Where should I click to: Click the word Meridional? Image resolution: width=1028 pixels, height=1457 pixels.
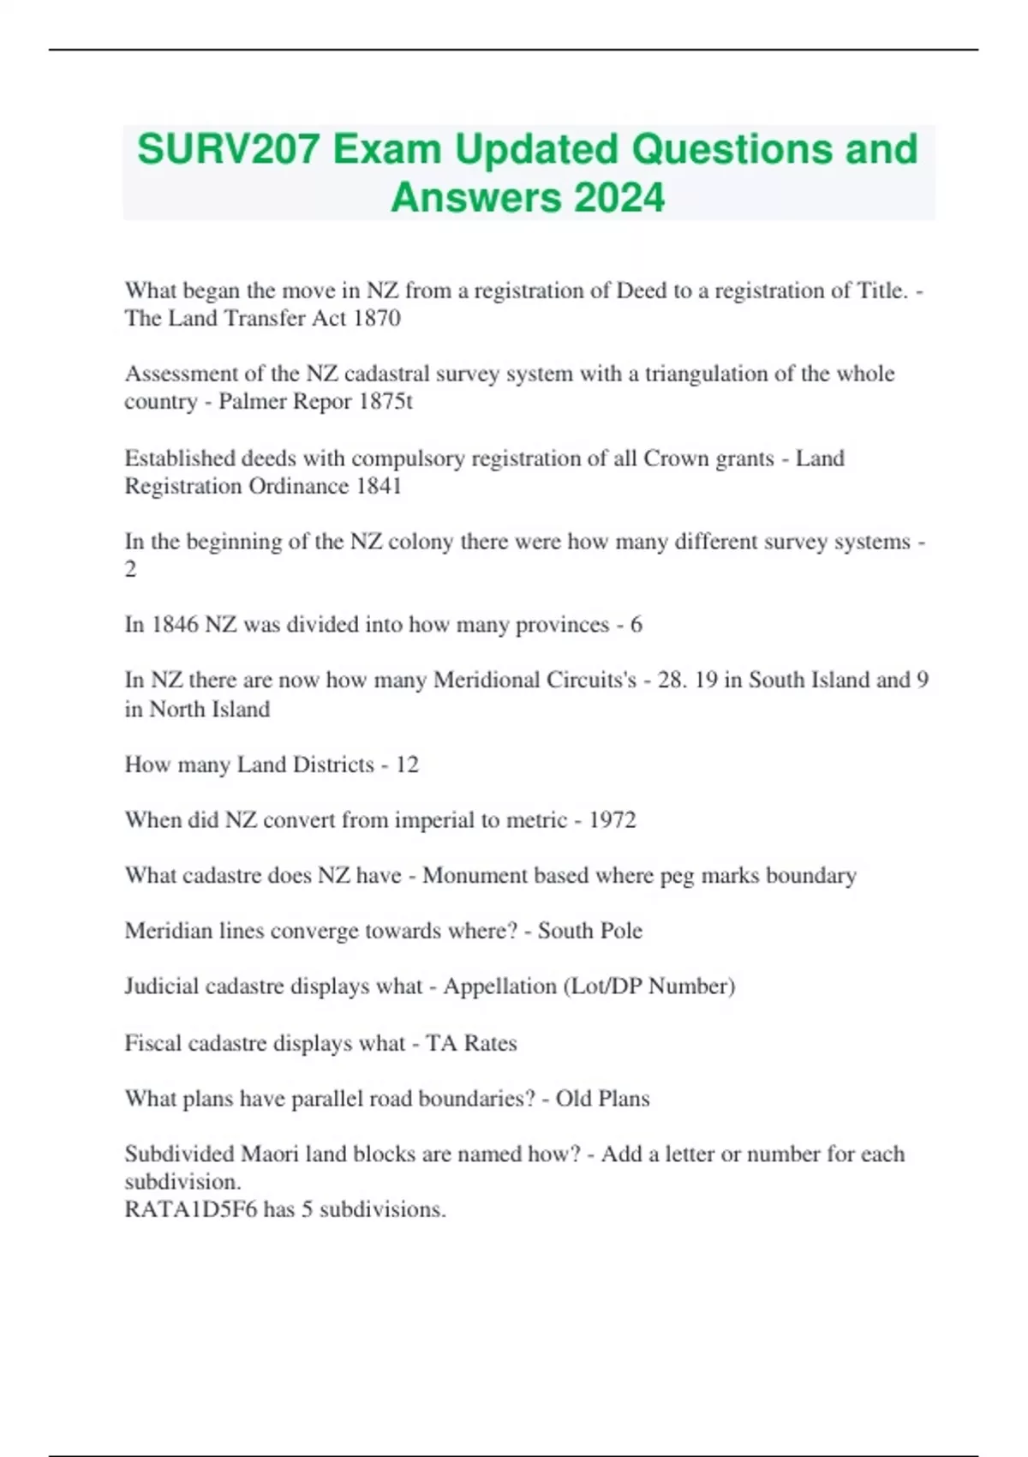coord(486,680)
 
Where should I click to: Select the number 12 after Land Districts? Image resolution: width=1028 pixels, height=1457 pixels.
coord(406,764)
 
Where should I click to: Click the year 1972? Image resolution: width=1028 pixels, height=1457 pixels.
coord(612,819)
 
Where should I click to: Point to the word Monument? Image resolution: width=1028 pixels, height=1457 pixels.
coord(475,875)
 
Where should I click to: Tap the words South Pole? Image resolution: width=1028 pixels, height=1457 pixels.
coord(589,931)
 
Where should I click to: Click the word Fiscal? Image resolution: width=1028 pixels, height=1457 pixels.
coord(152,1043)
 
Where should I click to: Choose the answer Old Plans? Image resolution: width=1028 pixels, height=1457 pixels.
coord(602,1099)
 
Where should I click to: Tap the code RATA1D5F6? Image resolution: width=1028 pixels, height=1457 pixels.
coord(190,1209)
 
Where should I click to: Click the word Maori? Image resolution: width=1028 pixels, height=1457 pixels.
coord(270,1154)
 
